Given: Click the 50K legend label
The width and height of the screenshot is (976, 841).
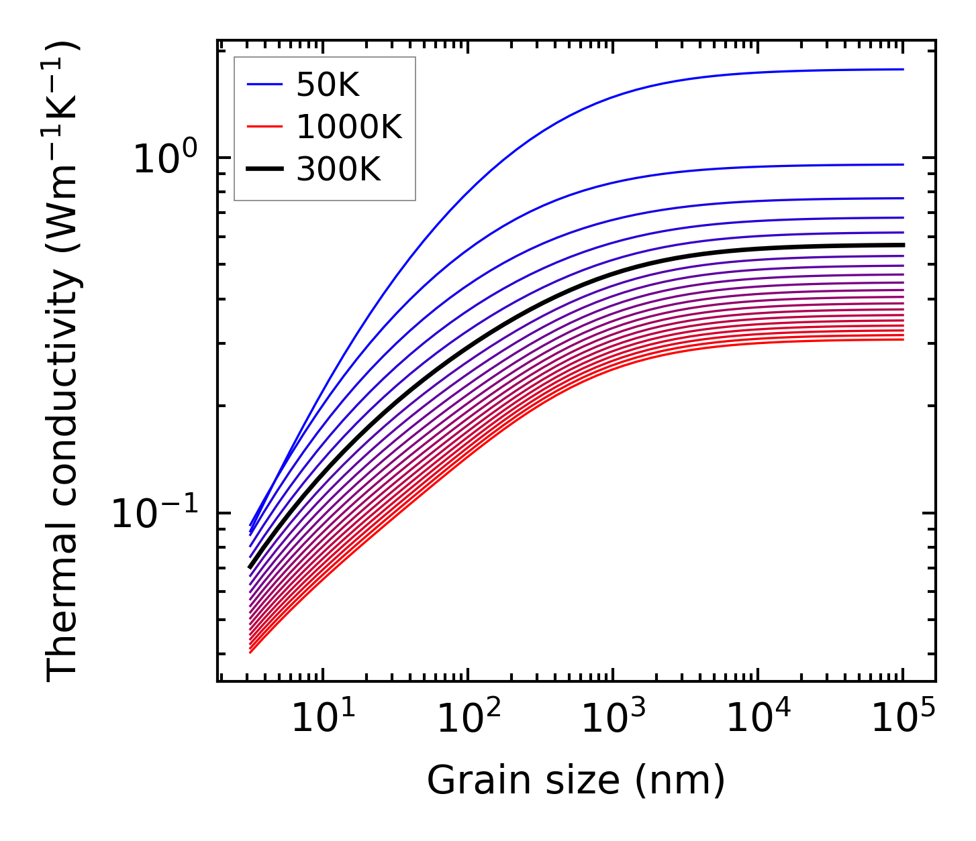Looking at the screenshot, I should tap(328, 85).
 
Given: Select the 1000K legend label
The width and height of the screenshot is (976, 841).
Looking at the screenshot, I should tap(349, 127).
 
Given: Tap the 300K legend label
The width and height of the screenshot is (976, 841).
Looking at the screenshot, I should tap(338, 170).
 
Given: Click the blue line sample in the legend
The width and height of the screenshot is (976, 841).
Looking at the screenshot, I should tap(265, 85).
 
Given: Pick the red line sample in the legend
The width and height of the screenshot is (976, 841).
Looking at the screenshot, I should tap(265, 127).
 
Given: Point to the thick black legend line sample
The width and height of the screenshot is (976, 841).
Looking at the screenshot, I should tap(265, 170).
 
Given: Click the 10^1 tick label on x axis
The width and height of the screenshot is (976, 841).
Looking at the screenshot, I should tap(322, 718).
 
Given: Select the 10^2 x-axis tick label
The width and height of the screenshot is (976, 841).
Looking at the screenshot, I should tap(467, 718).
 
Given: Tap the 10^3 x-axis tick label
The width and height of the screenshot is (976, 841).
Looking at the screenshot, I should tap(612, 718).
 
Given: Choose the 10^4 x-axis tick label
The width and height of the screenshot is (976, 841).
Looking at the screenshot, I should tap(758, 718).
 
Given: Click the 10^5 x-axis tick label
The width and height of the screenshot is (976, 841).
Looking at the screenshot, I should tap(903, 718).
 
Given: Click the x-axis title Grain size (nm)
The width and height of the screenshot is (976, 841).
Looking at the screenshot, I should tap(576, 781).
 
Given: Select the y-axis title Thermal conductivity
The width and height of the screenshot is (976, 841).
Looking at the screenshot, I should tap(64, 362).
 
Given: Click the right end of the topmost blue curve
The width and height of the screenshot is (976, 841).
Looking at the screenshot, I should tap(903, 69).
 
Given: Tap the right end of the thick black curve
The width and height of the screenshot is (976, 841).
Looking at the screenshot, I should tap(903, 245).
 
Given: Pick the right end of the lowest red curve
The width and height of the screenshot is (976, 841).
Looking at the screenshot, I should tap(903, 339).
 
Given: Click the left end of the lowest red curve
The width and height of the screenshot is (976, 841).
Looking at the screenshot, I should tap(250, 652).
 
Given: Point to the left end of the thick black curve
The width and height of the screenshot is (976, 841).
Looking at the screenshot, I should tap(250, 567).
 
